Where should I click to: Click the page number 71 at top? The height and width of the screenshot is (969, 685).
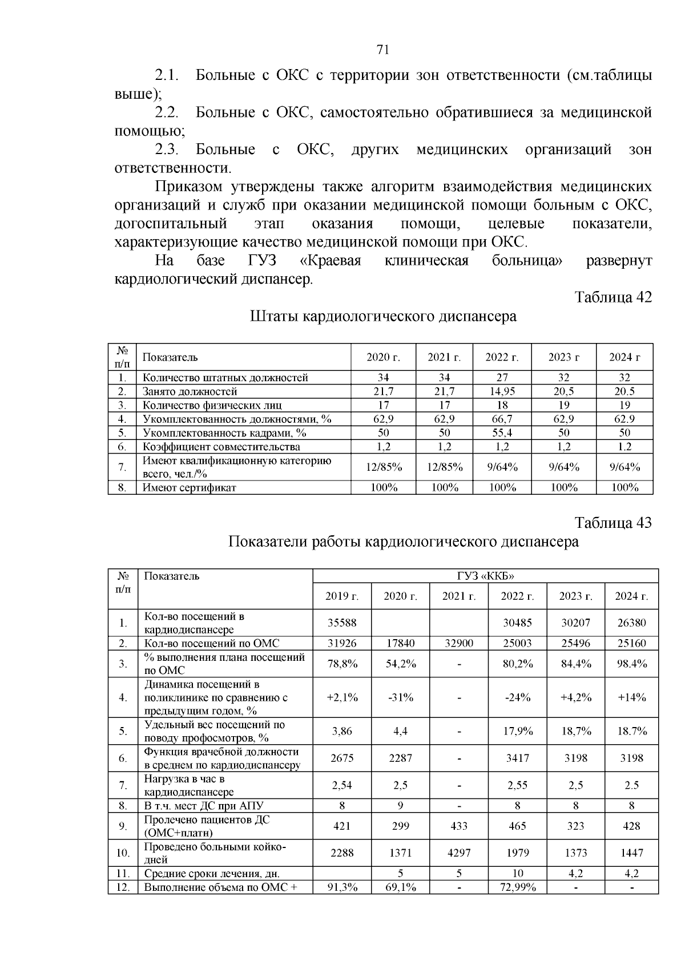tap(383, 50)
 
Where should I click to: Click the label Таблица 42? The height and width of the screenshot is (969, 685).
tap(613, 298)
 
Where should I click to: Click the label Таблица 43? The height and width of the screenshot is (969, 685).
tap(613, 523)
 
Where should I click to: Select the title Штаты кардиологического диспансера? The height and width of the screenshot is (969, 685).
tap(383, 316)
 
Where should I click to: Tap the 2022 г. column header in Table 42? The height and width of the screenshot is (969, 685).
tap(502, 358)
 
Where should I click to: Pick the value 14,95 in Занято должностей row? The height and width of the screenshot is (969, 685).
tap(502, 391)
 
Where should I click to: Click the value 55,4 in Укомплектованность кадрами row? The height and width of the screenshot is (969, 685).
tap(502, 433)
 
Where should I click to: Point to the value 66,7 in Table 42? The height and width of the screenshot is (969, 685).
tap(502, 419)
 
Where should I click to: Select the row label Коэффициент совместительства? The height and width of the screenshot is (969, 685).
tap(221, 447)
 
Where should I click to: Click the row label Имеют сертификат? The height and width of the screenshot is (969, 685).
tap(190, 488)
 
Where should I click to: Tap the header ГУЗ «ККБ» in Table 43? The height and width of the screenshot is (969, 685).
tap(486, 576)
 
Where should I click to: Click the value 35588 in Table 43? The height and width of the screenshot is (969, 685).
tap(342, 623)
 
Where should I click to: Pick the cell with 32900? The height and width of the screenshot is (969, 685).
tap(459, 643)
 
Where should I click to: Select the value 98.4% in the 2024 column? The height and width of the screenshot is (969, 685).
tap(631, 664)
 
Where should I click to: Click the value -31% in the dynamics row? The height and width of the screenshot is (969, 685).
tap(400, 697)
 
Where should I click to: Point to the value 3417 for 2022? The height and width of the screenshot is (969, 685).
tap(517, 758)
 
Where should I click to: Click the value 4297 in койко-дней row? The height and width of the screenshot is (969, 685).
tap(459, 853)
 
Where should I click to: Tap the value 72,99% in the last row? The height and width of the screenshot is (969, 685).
tap(517, 887)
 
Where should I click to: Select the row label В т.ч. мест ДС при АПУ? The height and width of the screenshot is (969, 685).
tap(204, 806)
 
